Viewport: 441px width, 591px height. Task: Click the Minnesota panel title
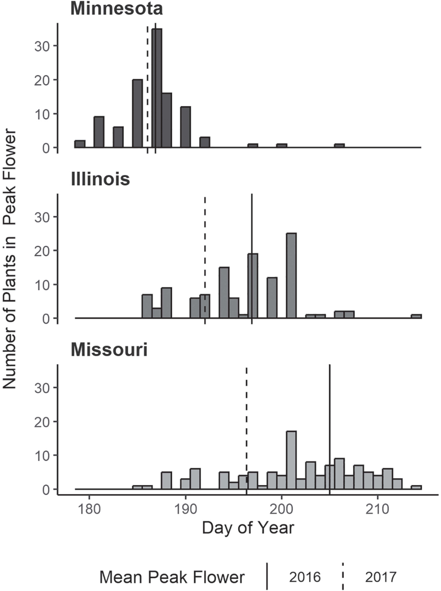(117, 9)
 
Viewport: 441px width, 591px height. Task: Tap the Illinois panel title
(100, 179)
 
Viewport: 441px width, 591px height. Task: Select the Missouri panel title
(109, 350)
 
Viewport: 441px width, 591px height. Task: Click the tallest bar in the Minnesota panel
(157, 88)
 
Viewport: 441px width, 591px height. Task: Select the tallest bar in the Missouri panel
(291, 460)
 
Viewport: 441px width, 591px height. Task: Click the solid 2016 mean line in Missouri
(330, 406)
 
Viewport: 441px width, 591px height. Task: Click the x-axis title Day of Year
(248, 528)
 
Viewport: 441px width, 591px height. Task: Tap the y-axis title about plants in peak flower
(10, 259)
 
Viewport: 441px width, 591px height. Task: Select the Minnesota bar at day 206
(339, 146)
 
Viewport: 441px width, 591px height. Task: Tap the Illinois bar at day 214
(416, 316)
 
